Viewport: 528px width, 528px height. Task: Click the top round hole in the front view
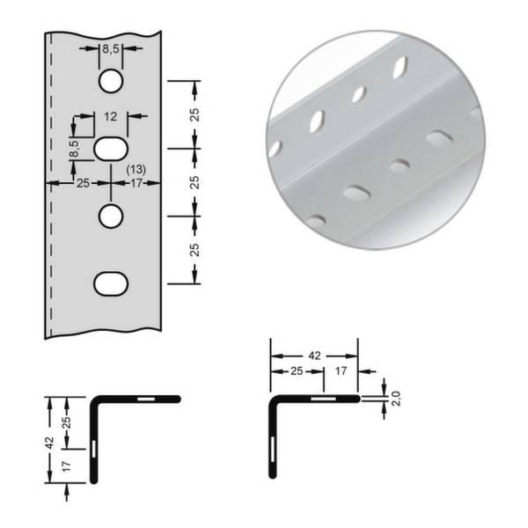[x=111, y=82]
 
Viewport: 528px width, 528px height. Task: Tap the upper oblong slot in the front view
[x=111, y=148]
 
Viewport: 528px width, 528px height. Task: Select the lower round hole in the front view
[x=111, y=215]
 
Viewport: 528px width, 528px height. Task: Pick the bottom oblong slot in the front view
[x=111, y=282]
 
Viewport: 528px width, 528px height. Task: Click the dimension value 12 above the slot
[x=111, y=115]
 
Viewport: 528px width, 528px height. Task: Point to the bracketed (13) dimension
[x=136, y=169]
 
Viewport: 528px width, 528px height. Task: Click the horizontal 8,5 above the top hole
[x=112, y=50]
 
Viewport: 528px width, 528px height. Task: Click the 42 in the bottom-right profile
[x=313, y=356]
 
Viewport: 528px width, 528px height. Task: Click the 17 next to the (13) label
[x=136, y=184]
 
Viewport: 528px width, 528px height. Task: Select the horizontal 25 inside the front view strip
[x=83, y=184]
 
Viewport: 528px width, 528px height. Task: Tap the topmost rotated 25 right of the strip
[x=194, y=114]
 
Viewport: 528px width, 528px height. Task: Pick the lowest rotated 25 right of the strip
[x=194, y=249]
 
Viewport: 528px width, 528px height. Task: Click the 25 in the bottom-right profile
[x=297, y=373]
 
